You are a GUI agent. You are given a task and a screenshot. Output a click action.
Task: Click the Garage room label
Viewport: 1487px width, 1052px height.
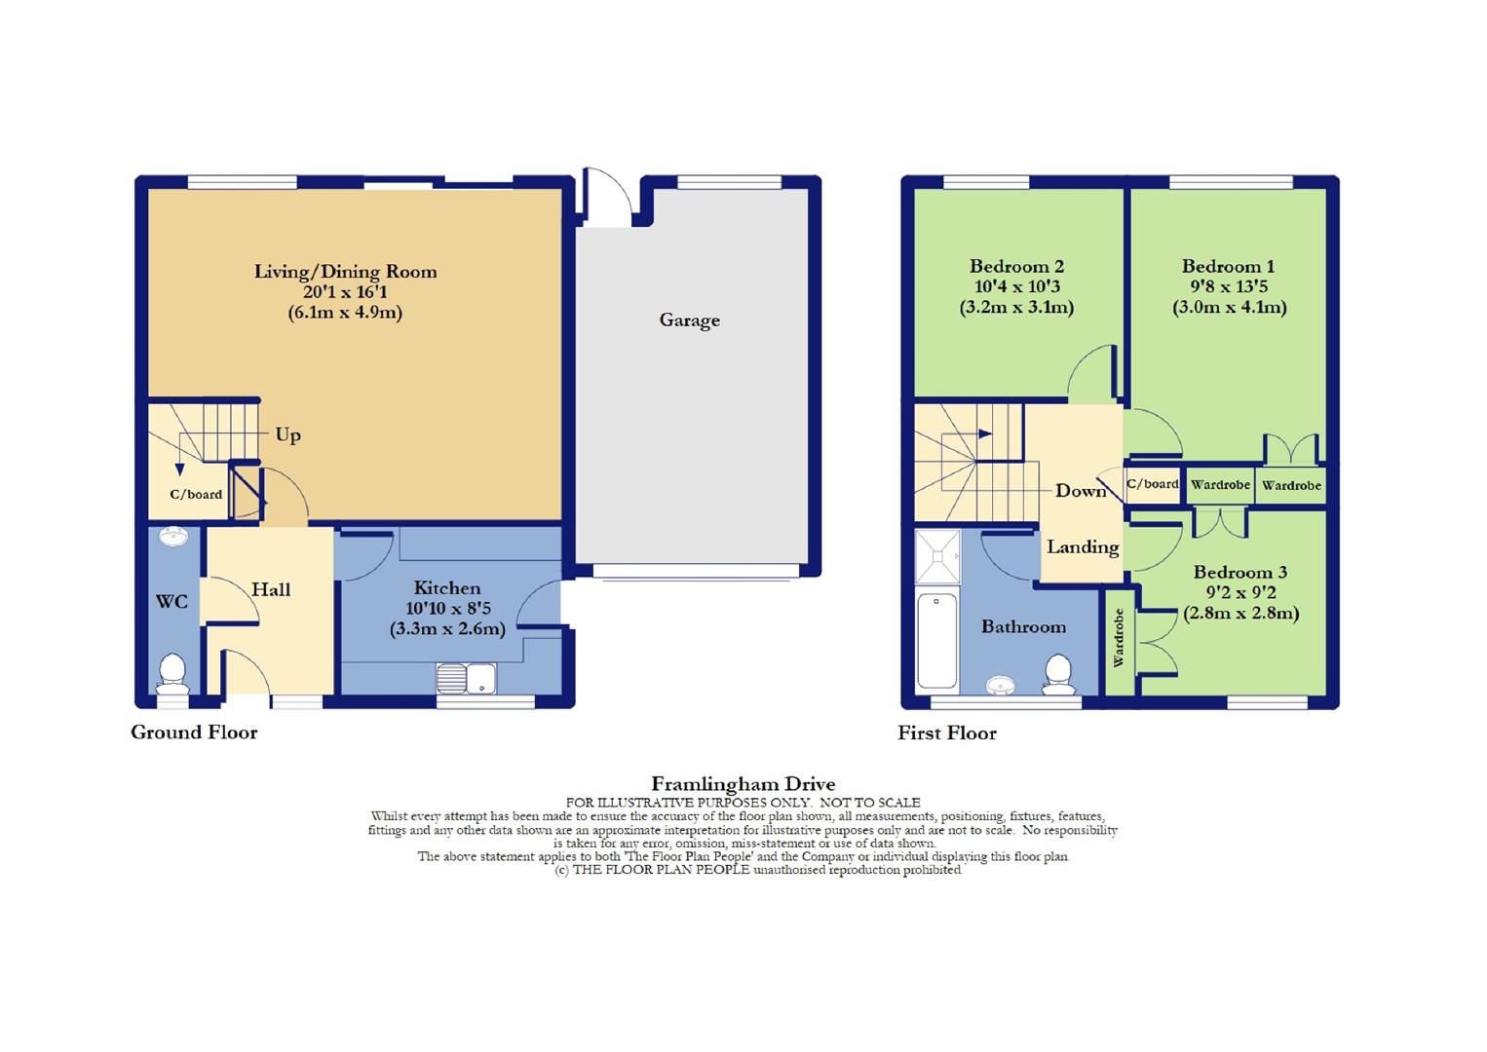[689, 320]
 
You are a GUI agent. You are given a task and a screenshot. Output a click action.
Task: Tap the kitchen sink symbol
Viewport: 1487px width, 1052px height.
[467, 678]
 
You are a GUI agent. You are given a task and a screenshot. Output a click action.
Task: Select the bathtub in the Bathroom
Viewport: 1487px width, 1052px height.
[937, 640]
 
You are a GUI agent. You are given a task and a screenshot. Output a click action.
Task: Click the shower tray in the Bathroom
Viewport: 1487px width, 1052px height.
[937, 556]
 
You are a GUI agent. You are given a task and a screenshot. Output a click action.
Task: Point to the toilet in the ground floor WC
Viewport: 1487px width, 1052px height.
[173, 673]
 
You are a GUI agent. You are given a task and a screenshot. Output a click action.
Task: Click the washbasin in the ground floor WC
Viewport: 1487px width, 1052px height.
[174, 538]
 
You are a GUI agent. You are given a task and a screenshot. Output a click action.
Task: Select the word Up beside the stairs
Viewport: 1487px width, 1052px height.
[287, 434]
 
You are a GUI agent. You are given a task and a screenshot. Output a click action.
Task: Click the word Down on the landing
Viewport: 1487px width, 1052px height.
[1081, 491]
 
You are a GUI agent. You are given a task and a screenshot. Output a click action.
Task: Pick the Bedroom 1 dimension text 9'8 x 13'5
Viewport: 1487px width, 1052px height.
[1229, 286]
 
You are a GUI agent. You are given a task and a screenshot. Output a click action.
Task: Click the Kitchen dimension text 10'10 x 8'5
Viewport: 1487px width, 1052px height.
[447, 608]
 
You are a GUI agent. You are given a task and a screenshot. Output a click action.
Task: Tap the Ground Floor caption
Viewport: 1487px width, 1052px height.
[194, 733]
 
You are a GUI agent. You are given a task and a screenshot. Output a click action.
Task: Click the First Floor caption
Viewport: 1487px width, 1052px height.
[947, 733]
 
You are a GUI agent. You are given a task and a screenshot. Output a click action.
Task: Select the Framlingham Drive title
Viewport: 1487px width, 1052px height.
[743, 784]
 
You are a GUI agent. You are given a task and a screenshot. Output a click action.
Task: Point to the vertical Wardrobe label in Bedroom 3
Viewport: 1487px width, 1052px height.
[1119, 638]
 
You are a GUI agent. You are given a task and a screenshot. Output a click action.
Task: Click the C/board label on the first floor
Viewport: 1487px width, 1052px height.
[1153, 484]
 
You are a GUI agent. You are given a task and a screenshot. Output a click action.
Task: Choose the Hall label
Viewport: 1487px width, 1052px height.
[271, 589]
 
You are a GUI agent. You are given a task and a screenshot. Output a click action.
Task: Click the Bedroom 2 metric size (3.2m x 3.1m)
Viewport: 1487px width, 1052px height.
[1016, 308]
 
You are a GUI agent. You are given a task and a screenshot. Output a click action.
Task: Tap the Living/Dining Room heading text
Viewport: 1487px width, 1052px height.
[345, 272]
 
